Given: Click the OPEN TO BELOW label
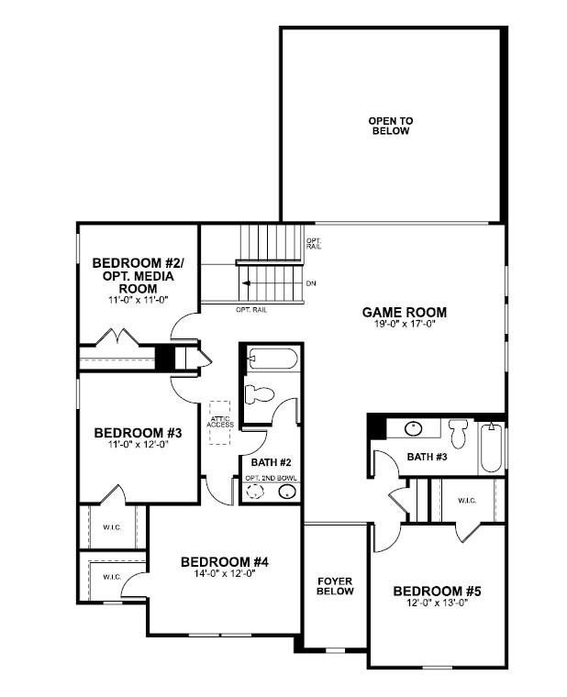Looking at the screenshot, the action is (391, 126).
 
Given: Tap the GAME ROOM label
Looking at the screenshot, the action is (405, 313).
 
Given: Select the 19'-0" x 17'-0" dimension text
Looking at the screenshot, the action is (405, 324).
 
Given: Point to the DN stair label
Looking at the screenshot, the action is (311, 283).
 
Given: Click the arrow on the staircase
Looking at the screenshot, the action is (246, 283).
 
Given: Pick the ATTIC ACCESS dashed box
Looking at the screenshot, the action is (220, 423).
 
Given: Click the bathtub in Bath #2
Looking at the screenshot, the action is (272, 359).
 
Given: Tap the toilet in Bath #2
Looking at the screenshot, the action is (260, 394).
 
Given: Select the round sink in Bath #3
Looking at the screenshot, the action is (413, 429).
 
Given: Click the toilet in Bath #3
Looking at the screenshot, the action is (458, 434).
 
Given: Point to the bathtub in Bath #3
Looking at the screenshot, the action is (492, 448).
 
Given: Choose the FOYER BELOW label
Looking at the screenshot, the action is (335, 586).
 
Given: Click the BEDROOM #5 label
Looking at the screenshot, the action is (437, 592).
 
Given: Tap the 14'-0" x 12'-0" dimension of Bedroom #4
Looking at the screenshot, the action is (224, 573).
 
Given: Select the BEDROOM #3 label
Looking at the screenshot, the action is (139, 433).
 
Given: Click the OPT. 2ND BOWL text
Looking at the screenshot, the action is (271, 479).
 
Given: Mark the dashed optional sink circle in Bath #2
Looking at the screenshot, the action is (255, 492).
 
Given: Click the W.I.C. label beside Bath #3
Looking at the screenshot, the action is (467, 501).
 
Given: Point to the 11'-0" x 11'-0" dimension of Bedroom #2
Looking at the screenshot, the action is (139, 300).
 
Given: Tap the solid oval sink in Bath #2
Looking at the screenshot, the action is (287, 492).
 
